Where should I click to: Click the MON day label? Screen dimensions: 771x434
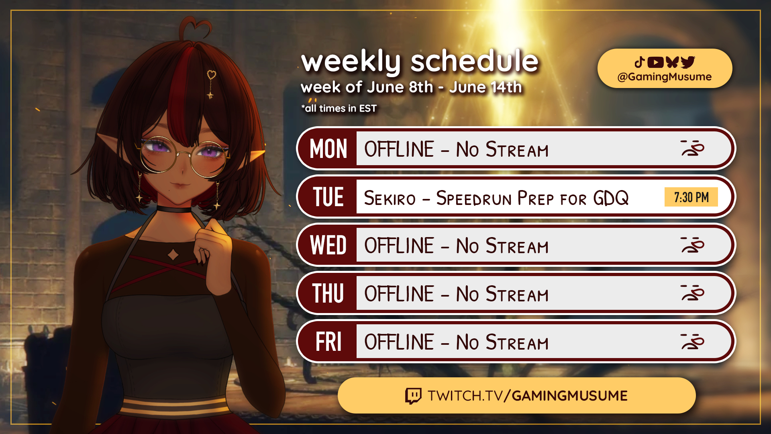328,149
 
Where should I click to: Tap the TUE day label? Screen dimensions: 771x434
328,197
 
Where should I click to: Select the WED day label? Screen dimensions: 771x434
328,246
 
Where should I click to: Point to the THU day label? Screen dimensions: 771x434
328,294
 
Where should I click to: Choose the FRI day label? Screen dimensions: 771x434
328,342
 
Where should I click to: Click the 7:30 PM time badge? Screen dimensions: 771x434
691,197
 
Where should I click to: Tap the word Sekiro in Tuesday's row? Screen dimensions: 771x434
390,198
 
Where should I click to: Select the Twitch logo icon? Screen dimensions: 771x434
413,396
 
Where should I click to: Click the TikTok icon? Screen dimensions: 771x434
640,62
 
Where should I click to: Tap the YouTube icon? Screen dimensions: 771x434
655,62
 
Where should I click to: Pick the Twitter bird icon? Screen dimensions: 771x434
688,62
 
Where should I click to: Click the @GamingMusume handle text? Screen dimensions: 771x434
665,77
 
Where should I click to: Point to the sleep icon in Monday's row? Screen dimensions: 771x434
693,148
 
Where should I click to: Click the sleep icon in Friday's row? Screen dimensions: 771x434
693,341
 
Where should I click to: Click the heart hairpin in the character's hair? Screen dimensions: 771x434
211,75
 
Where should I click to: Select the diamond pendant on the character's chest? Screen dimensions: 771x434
173,254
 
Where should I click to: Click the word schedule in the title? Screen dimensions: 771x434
474,61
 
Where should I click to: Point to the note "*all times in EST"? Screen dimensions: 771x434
339,108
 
